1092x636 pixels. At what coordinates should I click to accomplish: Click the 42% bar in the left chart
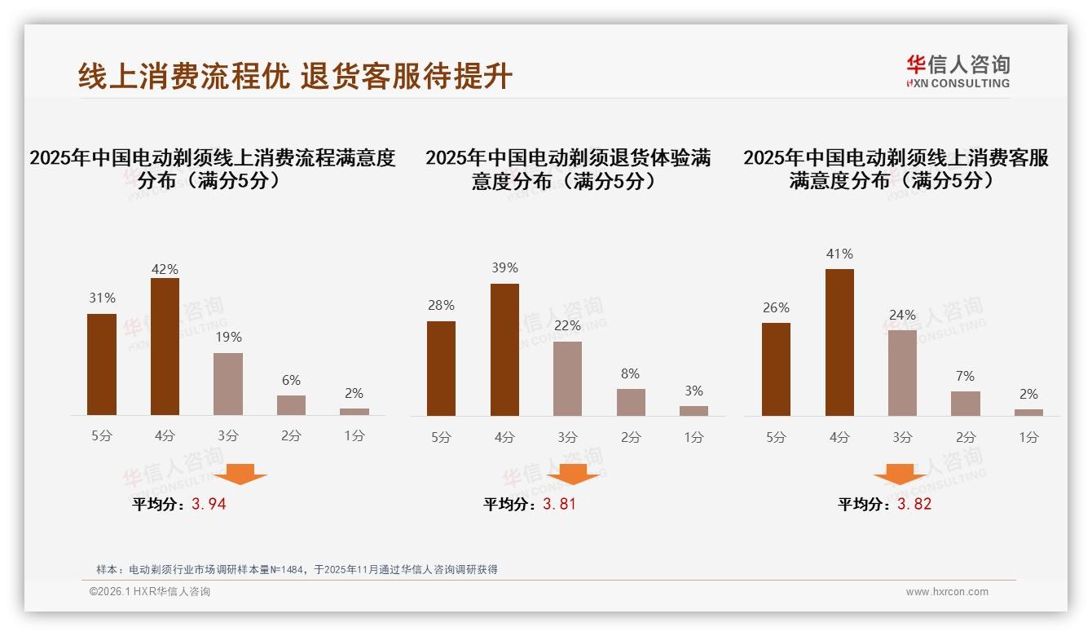coord(165,347)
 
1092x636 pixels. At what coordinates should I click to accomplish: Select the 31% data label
coord(102,298)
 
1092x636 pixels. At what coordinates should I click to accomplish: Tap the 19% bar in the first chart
coord(228,384)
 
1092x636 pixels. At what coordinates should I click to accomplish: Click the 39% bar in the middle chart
coord(504,350)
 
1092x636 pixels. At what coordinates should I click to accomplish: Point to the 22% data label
coord(567,326)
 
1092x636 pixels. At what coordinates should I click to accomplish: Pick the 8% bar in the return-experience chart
coord(631,402)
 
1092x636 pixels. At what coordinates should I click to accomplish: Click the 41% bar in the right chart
coord(839,342)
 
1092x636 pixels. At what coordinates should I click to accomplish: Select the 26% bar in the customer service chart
coord(776,369)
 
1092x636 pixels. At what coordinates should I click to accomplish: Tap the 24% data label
coord(902,315)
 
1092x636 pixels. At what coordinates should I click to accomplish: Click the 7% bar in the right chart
coord(966,404)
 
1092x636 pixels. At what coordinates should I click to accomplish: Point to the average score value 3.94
coord(209,504)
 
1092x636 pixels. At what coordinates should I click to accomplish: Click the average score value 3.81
coord(559,504)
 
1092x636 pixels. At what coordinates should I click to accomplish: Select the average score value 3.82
coord(914,504)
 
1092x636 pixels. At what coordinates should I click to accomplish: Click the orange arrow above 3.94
coord(240,474)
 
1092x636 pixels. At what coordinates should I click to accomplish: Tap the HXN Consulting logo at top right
coord(958,71)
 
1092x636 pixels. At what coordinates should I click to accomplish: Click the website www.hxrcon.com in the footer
coord(947,592)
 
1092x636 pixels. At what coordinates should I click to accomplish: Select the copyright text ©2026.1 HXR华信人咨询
coord(150,592)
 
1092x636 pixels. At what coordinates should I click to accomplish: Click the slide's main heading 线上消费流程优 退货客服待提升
coord(295,76)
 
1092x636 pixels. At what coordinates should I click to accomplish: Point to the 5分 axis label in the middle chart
coord(441,437)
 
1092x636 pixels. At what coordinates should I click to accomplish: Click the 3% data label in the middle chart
coord(694,391)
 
